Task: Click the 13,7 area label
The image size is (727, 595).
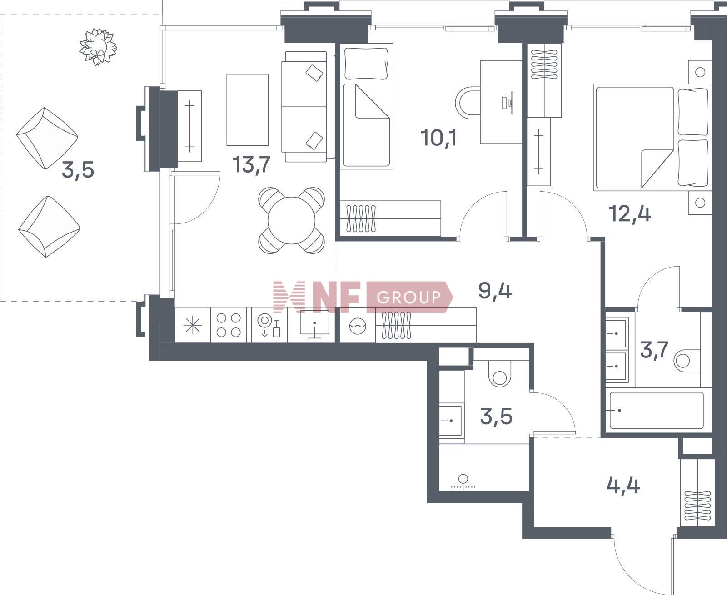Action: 251,165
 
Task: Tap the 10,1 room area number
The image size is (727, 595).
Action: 438,138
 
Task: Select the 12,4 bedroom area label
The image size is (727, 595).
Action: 630,213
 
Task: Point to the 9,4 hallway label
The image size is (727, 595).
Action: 495,291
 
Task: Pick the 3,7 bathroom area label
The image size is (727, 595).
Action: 654,350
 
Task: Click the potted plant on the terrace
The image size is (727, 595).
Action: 98,47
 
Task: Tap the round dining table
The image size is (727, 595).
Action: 292,220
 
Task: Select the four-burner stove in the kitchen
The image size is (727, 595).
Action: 229,325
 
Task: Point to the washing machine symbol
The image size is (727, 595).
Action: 358,326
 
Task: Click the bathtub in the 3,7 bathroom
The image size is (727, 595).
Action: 657,410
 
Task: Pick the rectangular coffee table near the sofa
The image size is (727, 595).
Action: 248,110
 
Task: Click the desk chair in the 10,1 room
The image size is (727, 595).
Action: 468,103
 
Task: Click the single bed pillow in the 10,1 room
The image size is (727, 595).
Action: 366,64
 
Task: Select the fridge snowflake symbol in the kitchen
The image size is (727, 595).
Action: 193,326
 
